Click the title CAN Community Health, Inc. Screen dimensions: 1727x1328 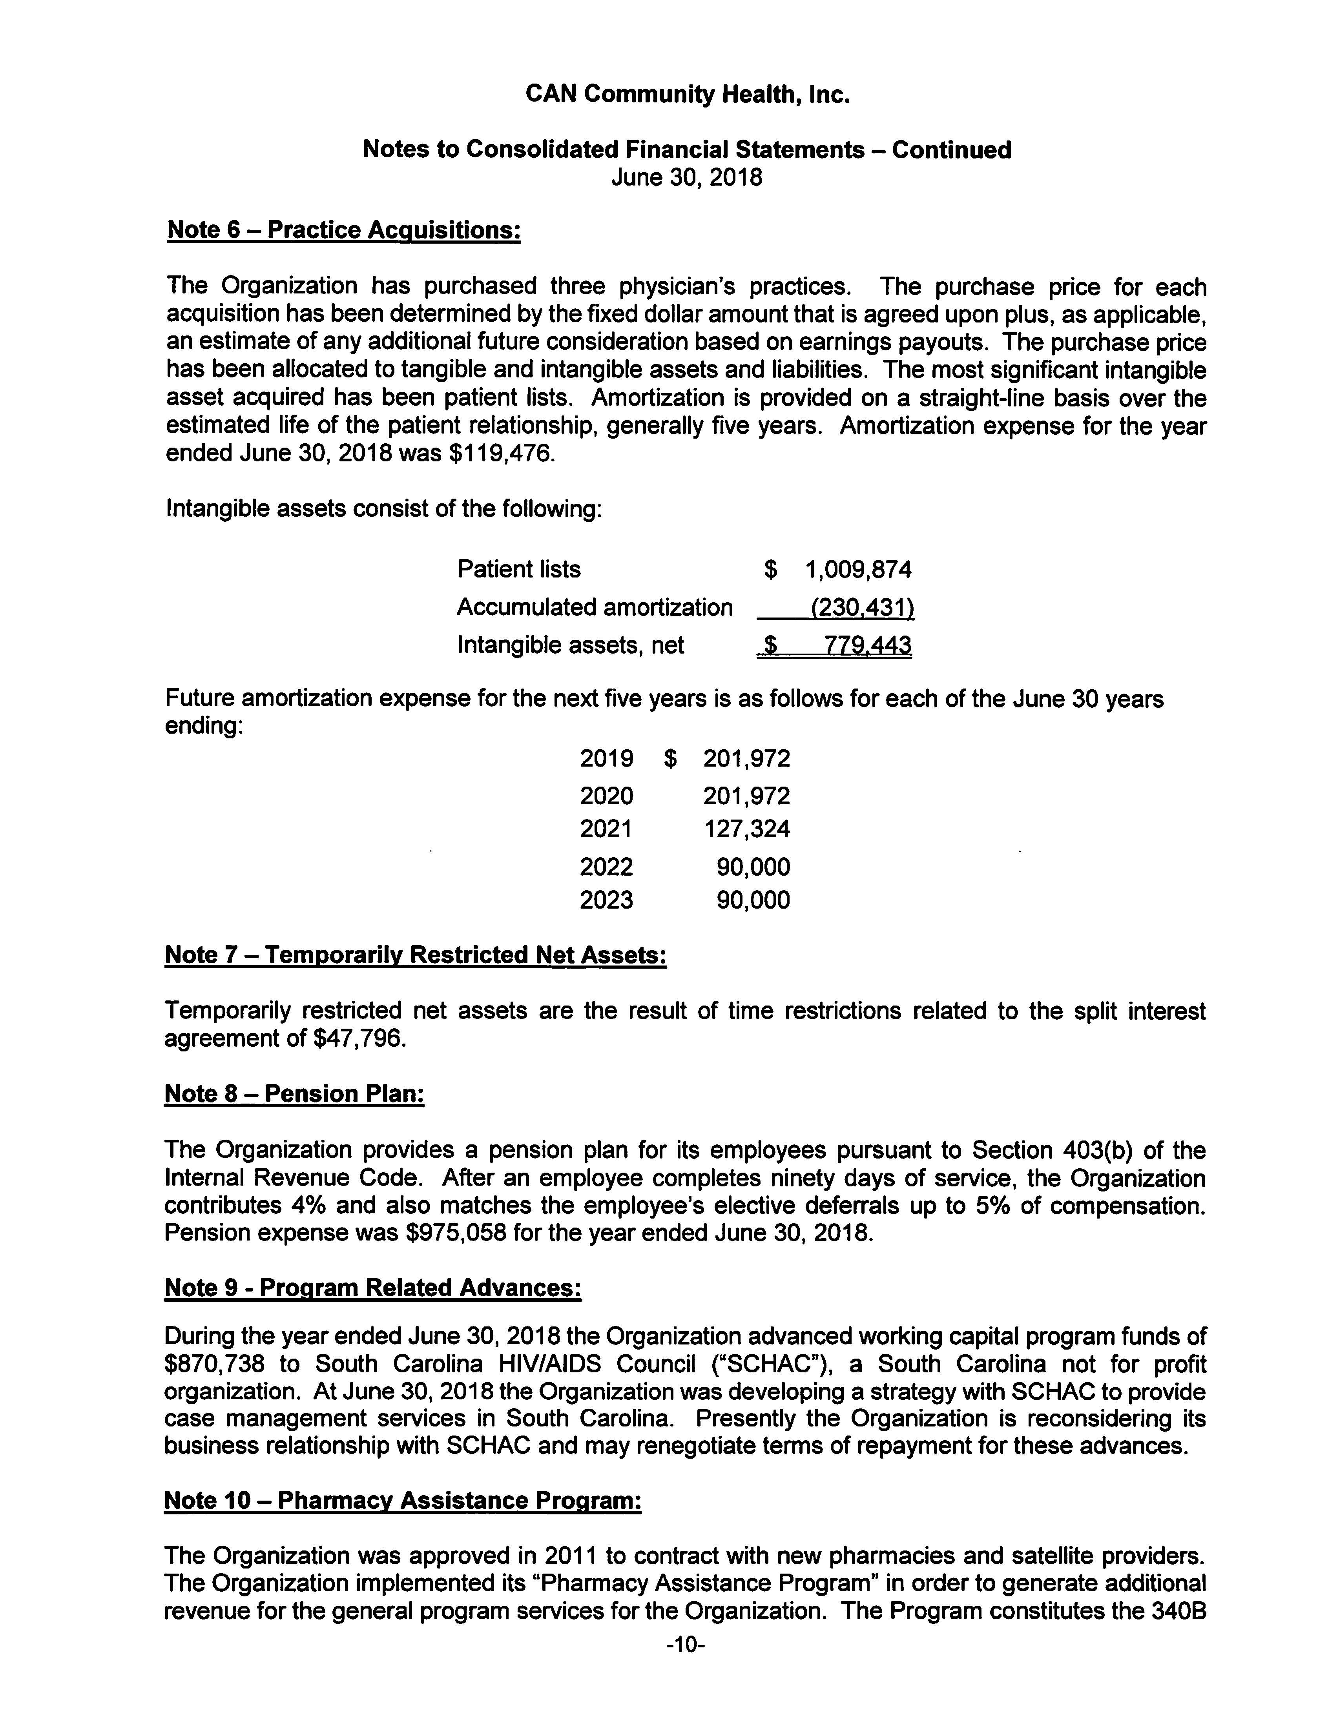coord(687,95)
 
